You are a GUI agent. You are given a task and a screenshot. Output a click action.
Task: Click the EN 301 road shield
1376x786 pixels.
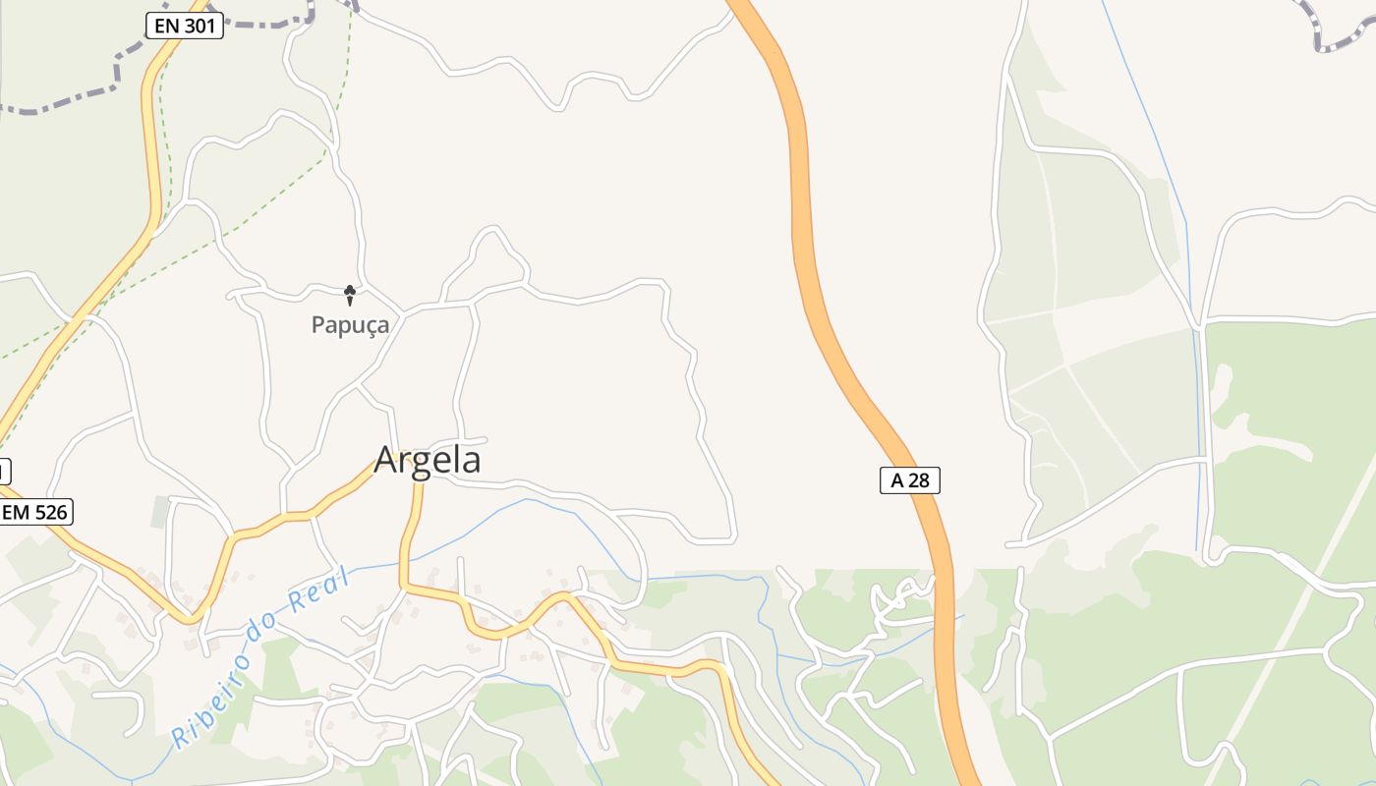[x=184, y=27]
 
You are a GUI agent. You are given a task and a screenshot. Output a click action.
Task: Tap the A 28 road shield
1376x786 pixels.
[x=909, y=480]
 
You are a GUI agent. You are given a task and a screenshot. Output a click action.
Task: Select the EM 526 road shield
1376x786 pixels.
[x=36, y=512]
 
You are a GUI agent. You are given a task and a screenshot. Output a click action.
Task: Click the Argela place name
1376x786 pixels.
[x=428, y=460]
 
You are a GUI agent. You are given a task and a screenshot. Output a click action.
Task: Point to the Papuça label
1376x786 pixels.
[x=350, y=325]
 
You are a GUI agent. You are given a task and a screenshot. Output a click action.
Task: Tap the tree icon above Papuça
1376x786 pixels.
[x=349, y=294]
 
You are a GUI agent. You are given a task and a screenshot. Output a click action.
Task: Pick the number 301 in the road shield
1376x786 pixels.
[x=199, y=27]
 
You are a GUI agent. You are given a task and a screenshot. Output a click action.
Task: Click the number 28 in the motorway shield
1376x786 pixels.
[x=919, y=480]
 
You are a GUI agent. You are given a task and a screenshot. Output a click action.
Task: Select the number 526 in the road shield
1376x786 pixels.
[x=50, y=512]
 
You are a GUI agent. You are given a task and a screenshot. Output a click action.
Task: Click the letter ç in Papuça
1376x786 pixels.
[x=368, y=326]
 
